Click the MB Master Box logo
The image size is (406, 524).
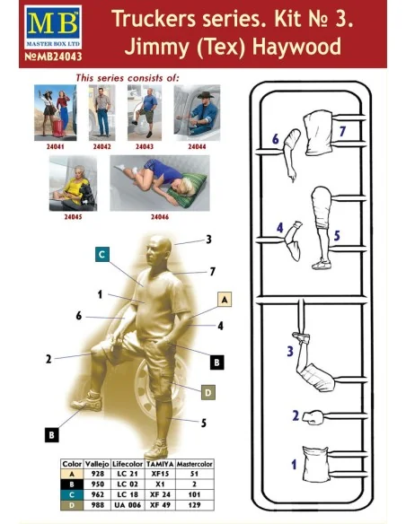coord(53,27)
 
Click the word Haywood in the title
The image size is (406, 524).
coord(296,47)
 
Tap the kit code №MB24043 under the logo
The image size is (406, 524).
coord(53,57)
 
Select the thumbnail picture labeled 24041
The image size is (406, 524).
coord(55,113)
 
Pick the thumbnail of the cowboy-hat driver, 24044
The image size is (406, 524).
coord(197,113)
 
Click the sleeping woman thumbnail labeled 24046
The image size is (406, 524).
coord(160,183)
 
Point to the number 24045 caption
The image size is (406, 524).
coord(73,217)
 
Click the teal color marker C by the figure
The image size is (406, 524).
coord(102,255)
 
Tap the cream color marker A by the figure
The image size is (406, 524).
coord(225,300)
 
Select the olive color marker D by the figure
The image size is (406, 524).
coord(208,392)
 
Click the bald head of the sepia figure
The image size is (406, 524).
coord(159,247)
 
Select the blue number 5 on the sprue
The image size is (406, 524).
coord(337,236)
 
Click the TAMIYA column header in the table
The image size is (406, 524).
coord(160,464)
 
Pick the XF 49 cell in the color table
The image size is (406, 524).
coord(160,505)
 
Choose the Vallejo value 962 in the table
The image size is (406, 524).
coord(97,494)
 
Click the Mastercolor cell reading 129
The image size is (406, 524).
coord(194,505)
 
